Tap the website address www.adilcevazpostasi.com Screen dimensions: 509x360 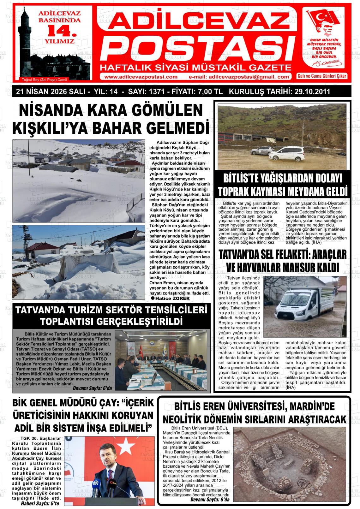click(141, 77)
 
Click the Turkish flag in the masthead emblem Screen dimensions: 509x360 click(326, 20)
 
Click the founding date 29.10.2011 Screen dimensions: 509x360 click(313, 92)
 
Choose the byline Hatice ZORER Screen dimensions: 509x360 click(172, 298)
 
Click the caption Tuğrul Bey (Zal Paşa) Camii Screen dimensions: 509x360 click(43, 79)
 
